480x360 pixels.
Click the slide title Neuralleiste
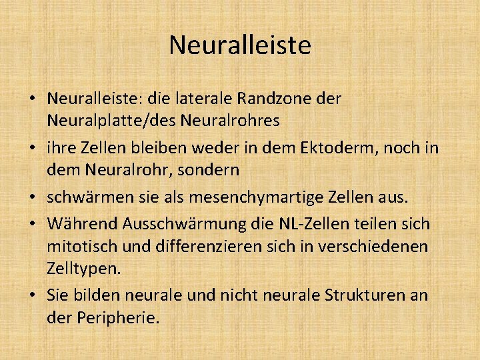pyautogui.click(x=240, y=45)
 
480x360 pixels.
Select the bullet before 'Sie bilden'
pyautogui.click(x=33, y=295)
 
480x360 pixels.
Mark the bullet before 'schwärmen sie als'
pyautogui.click(x=33, y=198)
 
